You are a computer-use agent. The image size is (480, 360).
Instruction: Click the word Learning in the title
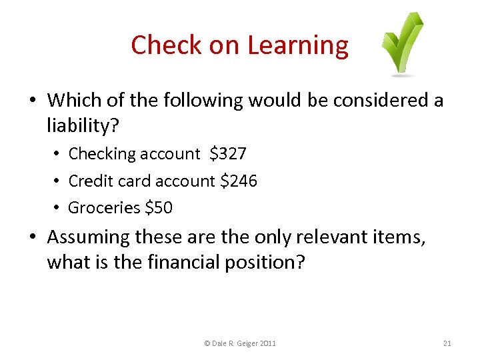tap(297, 45)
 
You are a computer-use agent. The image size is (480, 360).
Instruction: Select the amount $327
tap(227, 154)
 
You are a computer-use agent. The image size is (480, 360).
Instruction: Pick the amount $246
tap(238, 181)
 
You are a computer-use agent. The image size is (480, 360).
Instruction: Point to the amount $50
tap(159, 208)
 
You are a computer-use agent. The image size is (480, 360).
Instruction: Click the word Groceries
tap(104, 208)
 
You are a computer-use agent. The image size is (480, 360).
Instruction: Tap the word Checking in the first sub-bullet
tap(102, 154)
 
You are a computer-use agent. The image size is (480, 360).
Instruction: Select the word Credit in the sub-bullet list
tap(90, 181)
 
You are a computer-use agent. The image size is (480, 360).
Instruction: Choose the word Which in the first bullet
tap(71, 101)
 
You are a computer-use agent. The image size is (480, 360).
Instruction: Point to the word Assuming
tap(89, 237)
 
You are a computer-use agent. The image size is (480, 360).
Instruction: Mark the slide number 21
tap(447, 343)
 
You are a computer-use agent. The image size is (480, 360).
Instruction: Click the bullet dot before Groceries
tap(58, 208)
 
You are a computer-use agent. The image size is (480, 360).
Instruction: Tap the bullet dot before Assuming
tap(33, 237)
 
